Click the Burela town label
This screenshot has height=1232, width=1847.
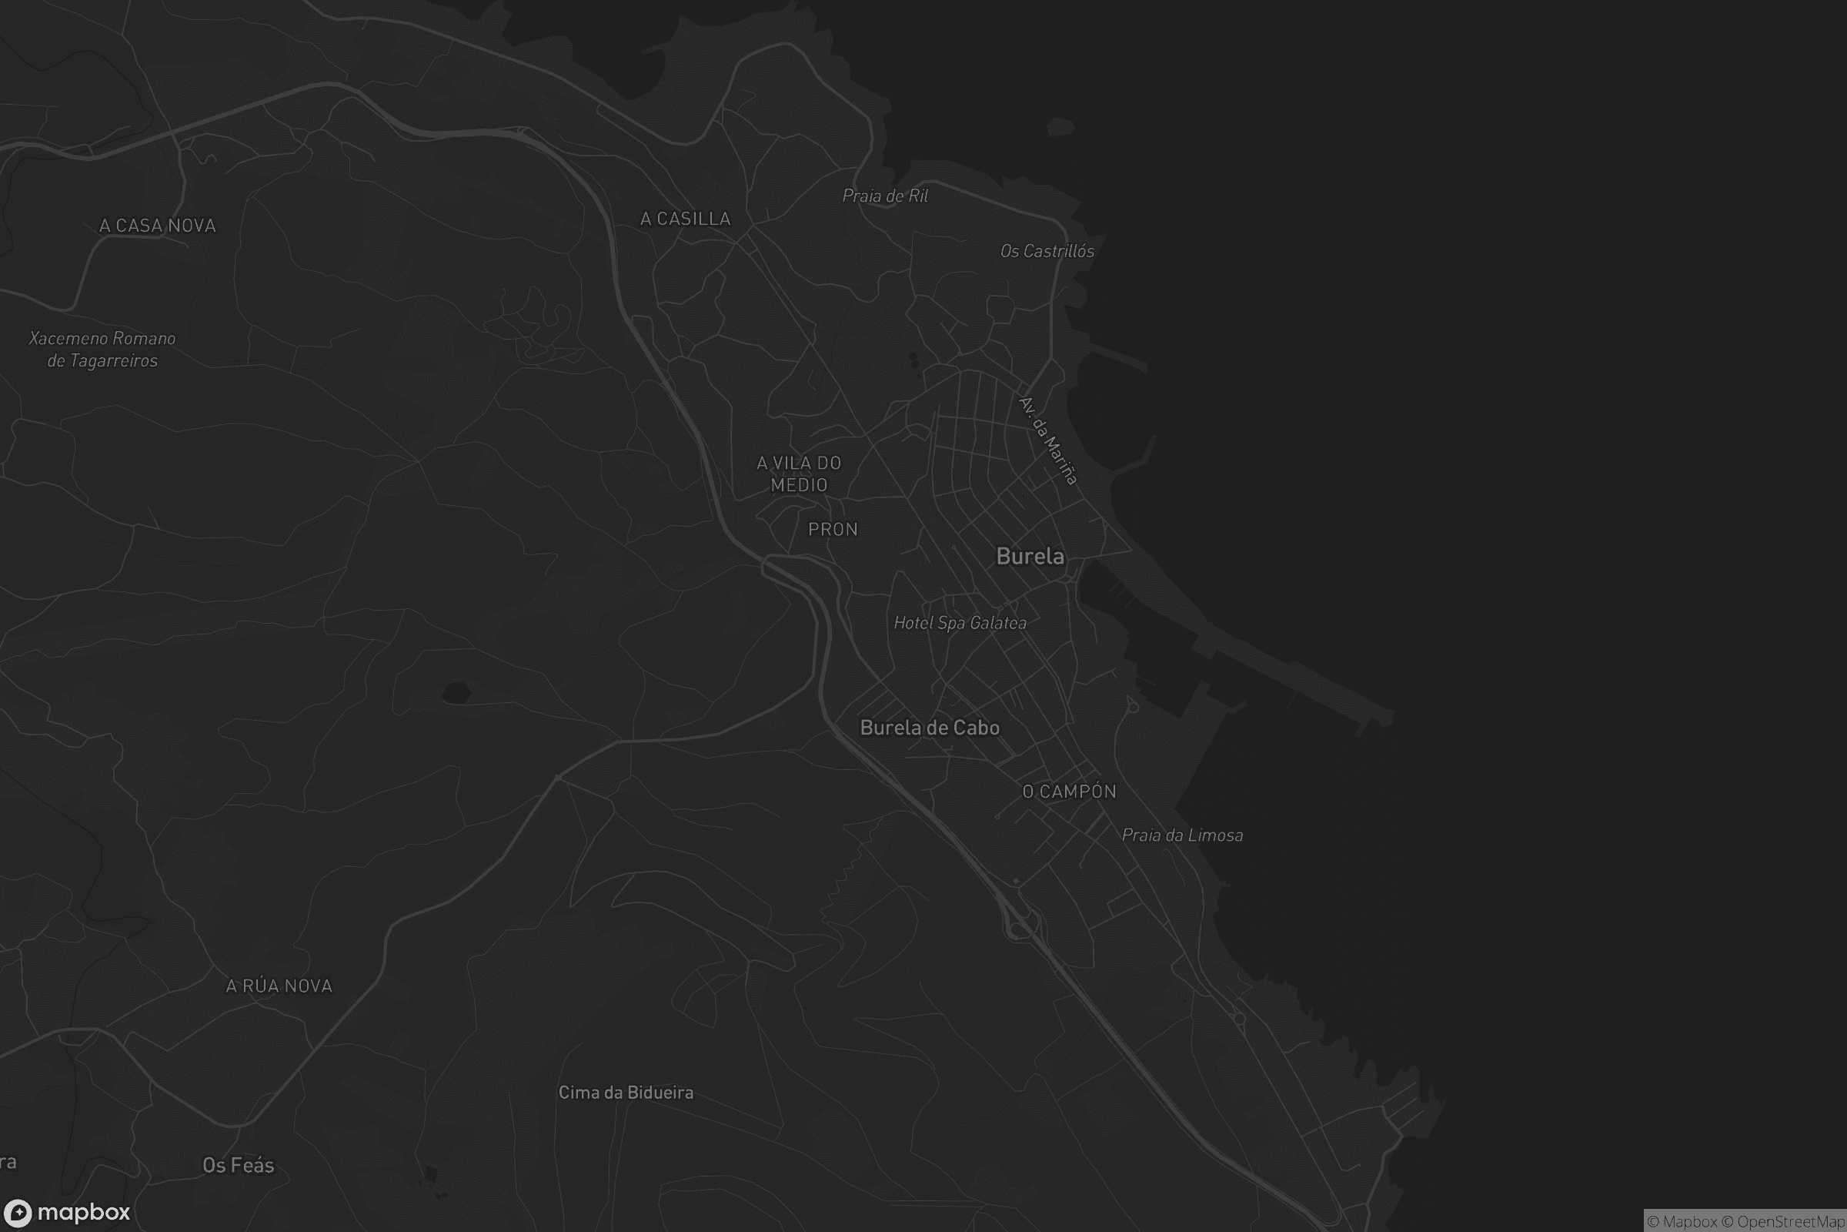coord(1030,556)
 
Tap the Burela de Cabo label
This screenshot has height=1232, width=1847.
coord(930,728)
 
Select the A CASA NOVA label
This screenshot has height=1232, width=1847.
coord(157,226)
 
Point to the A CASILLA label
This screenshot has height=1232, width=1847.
coord(685,219)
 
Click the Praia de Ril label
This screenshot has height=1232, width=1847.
coord(885,196)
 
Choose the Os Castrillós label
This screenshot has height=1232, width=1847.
coord(1047,252)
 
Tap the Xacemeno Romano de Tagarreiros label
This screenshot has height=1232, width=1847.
coord(102,350)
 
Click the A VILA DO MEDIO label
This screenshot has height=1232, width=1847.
coord(799,474)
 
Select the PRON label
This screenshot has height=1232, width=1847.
coord(833,530)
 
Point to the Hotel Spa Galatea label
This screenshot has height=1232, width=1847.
coord(960,623)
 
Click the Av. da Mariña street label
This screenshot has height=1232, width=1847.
coord(1048,440)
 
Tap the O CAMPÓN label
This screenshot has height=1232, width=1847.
coord(1069,792)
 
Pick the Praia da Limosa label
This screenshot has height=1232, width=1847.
coord(1182,835)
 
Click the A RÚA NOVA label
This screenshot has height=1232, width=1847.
coord(279,986)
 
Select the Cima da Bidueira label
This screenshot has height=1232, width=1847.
coord(626,1092)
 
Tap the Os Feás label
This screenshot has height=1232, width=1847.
coord(238,1165)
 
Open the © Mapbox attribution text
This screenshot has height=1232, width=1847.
coord(1682,1222)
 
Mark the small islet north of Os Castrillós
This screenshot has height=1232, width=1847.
coord(1060,126)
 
